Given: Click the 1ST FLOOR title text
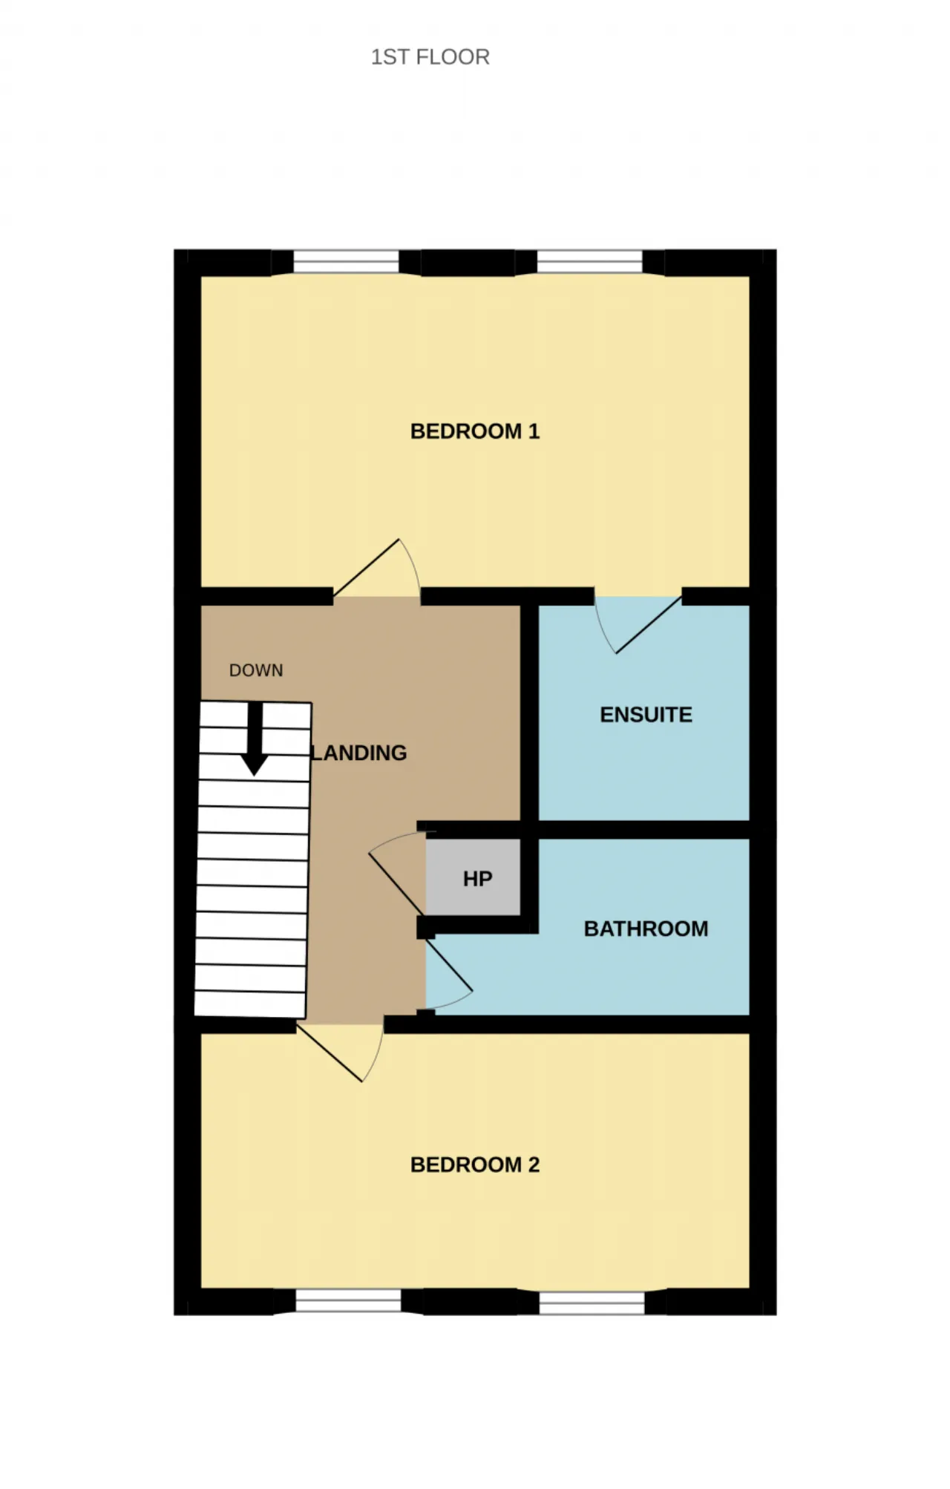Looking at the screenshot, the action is pos(430,57).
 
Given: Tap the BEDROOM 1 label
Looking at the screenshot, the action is pos(475,431).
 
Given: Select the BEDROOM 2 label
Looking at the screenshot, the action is pos(475,1165).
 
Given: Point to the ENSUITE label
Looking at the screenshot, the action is pos(646,715).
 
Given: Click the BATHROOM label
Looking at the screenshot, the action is pos(646,929).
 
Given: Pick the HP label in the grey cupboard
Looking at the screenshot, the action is pos(477,879).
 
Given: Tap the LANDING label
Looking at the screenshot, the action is pos(359,753).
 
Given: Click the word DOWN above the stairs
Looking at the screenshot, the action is pos(256,670).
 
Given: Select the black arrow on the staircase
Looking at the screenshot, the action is pos(255,739).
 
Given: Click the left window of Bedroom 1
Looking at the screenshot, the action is pos(346,262).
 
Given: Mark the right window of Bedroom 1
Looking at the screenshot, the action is pos(589,262).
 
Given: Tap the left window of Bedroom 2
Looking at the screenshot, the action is pos(348,1303).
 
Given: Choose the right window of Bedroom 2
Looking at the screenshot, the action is pos(592,1303).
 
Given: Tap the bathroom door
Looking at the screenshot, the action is pos(448,964).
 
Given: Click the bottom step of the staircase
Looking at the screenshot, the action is pos(250,1004).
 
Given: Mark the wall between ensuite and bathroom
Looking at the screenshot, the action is pos(643,830).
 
